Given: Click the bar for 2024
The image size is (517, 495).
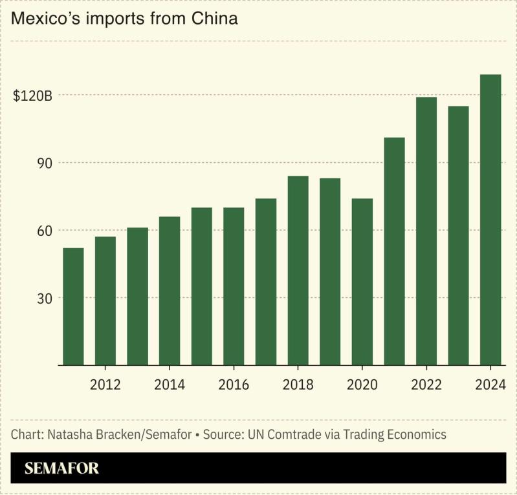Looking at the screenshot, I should [x=490, y=220].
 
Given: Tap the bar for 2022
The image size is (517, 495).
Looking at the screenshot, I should [x=426, y=231].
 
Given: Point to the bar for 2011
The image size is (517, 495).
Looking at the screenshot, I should [x=73, y=306].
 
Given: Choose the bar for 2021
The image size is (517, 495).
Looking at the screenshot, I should [x=394, y=251].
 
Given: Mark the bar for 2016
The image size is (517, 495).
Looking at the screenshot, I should [x=234, y=286].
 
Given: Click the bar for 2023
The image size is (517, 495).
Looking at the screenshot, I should [x=458, y=236].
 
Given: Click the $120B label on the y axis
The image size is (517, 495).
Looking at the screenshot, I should [x=32, y=96].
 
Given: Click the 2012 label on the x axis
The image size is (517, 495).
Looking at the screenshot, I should [x=105, y=385].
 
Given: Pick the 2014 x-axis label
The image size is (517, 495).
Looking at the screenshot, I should [x=170, y=385].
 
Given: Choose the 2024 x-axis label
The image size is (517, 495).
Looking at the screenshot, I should [x=490, y=385].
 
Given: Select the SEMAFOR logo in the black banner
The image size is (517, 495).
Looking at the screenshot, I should [x=62, y=469].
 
